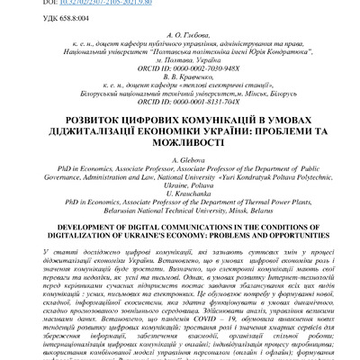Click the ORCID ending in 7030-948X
[180, 67]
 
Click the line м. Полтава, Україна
[180, 59]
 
